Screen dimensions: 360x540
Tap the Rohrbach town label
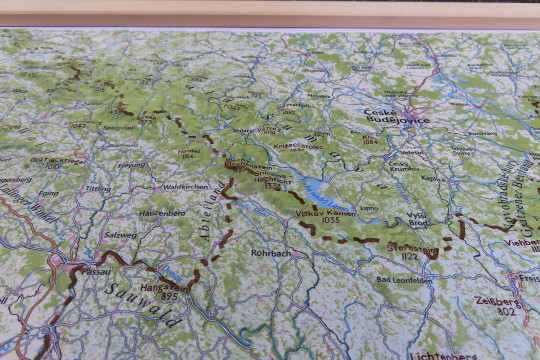[x=271, y=254]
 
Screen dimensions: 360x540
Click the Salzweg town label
[x=120, y=233]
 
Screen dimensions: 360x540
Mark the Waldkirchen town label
[x=185, y=186]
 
